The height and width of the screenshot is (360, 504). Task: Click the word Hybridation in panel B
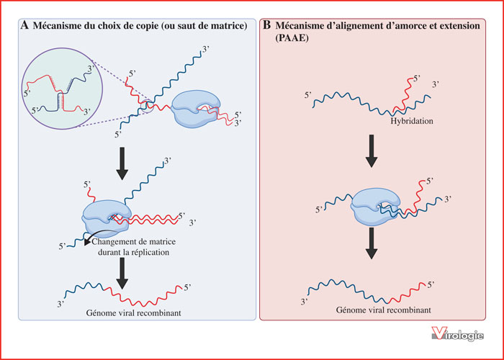pos(412,121)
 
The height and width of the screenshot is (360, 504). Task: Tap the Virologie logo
pos(457,334)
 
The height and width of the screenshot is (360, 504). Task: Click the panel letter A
pos(24,26)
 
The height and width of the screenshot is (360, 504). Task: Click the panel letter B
pos(267,26)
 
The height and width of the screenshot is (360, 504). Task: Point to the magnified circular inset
pos(62,89)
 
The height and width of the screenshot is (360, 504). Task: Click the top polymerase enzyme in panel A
pos(195,108)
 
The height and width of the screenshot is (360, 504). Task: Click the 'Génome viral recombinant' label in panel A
pos(133,312)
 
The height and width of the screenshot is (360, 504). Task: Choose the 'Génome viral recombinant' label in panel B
pos(384,310)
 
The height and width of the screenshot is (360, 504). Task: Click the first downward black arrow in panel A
pos(122,163)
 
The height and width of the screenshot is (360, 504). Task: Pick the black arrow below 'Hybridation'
pos(372,151)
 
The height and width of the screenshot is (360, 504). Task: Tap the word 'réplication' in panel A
pos(148,252)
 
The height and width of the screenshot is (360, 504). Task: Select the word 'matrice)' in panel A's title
pos(231,26)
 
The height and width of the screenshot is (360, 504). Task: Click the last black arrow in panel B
pos(372,243)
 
